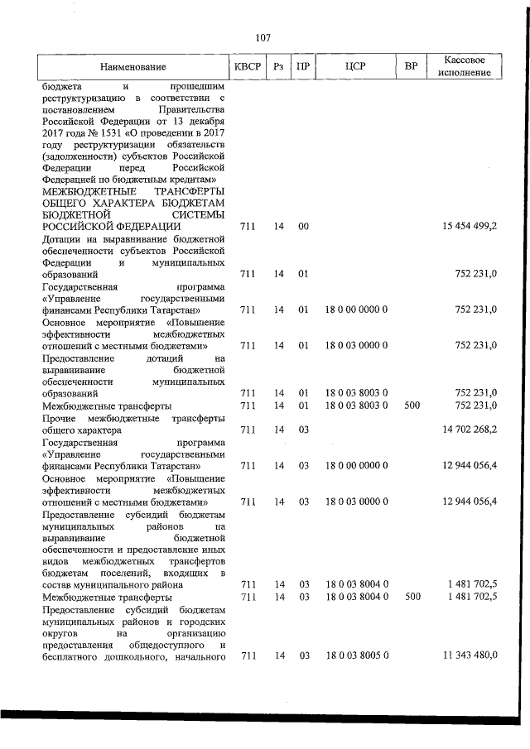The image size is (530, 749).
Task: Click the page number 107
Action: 263,37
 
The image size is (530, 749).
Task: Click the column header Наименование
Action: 132,67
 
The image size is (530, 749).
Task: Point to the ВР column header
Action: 410,67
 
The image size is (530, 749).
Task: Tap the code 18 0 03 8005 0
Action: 356,655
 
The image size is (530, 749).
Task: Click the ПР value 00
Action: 303,226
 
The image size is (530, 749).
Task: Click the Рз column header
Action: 278,67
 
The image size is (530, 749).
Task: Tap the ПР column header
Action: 304,67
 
